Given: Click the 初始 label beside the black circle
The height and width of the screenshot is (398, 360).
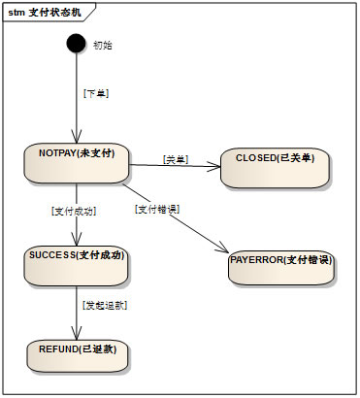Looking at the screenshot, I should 102,46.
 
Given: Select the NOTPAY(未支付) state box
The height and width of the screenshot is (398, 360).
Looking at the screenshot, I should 77,162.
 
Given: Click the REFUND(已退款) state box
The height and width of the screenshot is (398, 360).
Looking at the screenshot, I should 77,351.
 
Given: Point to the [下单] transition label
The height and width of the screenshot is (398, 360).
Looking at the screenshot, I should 96,94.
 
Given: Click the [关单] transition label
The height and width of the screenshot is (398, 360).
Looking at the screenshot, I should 176,158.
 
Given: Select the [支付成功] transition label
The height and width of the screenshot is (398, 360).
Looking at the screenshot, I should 74,211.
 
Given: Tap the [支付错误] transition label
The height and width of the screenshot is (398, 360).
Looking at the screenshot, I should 157,210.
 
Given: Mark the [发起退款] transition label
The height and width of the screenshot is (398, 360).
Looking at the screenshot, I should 105,305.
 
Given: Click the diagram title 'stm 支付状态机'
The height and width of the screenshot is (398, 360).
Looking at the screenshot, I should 40,13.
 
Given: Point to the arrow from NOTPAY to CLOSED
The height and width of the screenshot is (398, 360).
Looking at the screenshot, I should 175,166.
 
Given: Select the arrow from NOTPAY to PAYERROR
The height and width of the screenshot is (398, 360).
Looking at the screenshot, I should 184,218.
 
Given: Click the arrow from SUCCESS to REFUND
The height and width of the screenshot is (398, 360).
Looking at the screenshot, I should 77,311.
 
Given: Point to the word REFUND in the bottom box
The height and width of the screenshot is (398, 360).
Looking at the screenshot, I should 56,347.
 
